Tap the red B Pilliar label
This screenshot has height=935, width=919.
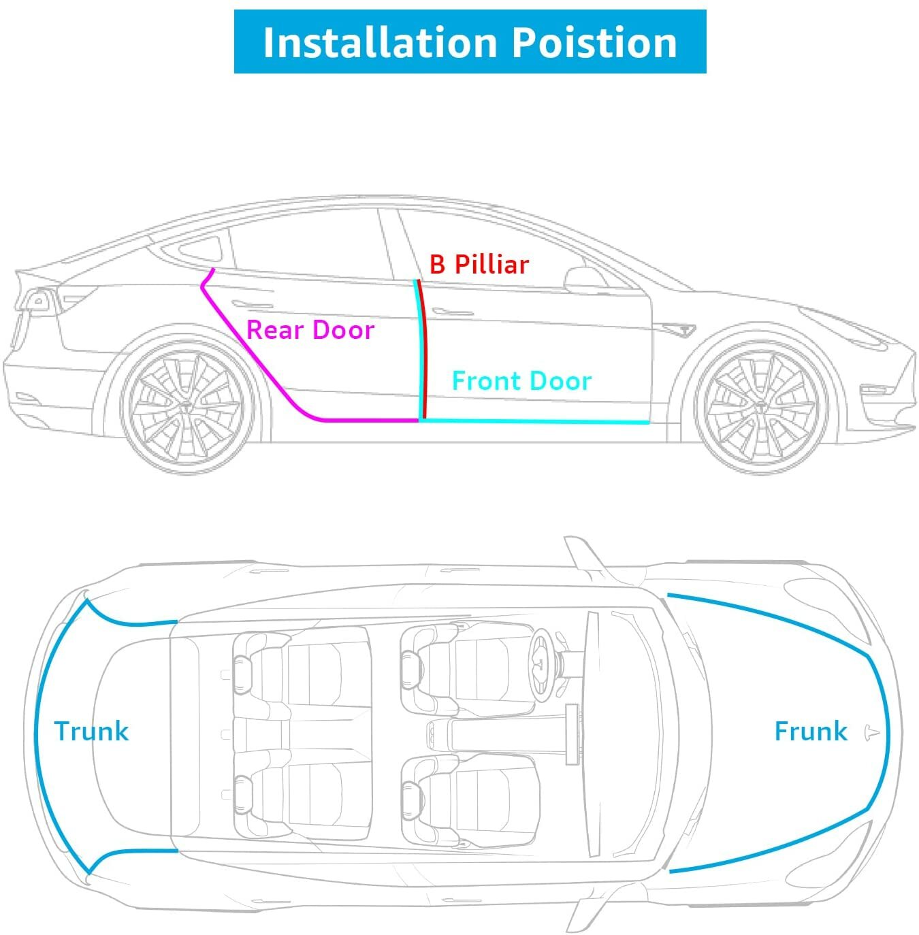[479, 264]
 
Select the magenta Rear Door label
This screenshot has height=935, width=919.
[310, 330]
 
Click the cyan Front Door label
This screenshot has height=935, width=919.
[521, 381]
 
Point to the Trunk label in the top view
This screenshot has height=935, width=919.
[91, 731]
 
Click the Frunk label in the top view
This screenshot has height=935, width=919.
[810, 731]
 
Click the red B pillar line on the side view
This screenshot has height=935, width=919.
[423, 347]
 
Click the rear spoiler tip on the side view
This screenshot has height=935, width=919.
[20, 275]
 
